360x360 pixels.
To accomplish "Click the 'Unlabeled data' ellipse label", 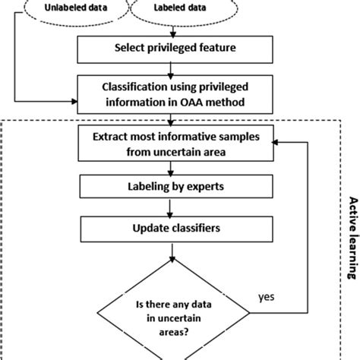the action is pyautogui.click(x=76, y=8).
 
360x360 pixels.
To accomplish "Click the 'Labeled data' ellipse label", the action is pyautogui.click(x=180, y=8).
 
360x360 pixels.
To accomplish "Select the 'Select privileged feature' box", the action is pyautogui.click(x=175, y=49).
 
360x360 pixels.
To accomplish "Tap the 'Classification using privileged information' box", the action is pyautogui.click(x=175, y=94).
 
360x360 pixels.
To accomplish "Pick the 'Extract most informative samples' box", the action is pyautogui.click(x=176, y=143).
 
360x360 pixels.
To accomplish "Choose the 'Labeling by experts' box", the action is pyautogui.click(x=176, y=187).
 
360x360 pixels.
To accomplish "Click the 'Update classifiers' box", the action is pyautogui.click(x=177, y=229).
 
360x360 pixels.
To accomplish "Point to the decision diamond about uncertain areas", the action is pyautogui.click(x=173, y=313).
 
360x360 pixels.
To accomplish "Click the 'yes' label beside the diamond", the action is pyautogui.click(x=267, y=297).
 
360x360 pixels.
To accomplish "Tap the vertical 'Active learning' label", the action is pyautogui.click(x=353, y=238).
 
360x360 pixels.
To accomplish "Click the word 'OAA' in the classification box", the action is pyautogui.click(x=191, y=103).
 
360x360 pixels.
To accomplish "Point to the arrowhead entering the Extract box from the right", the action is pyautogui.click(x=275, y=143).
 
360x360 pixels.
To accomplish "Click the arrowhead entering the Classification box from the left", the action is pyautogui.click(x=74, y=102).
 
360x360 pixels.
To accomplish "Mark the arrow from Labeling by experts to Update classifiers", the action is pyautogui.click(x=170, y=208).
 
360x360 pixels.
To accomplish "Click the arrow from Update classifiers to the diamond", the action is pyautogui.click(x=172, y=252).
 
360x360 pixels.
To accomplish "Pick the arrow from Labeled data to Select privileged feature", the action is pyautogui.click(x=173, y=31).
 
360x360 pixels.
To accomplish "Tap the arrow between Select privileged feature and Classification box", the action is pyautogui.click(x=171, y=70).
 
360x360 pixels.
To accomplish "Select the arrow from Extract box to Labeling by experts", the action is pyautogui.click(x=171, y=169).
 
